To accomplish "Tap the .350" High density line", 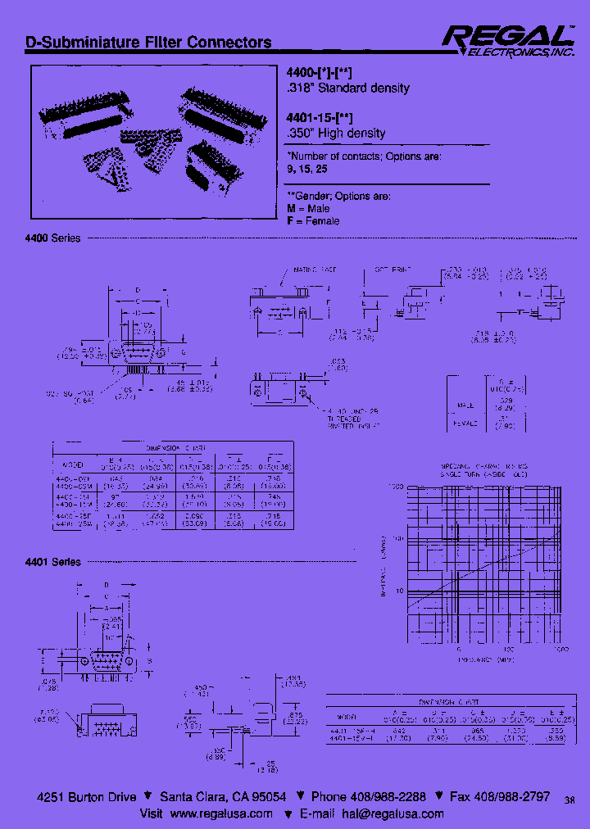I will tap(336, 133).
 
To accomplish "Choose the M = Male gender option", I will tap(308, 209).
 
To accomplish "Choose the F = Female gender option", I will tap(313, 221).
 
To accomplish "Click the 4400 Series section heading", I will tap(54, 238).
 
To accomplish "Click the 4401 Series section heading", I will tap(54, 562).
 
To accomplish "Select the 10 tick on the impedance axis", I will tap(399, 590).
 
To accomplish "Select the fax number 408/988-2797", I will tap(515, 797).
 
